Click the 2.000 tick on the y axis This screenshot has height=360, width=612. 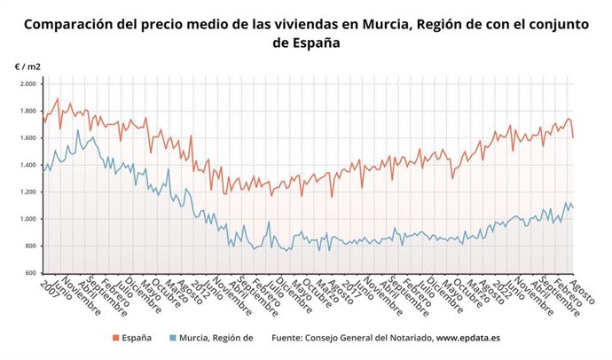tap(27, 84)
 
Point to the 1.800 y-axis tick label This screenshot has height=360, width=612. tap(27, 111)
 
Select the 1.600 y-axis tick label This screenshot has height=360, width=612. tap(27, 138)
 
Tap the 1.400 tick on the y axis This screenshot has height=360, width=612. tap(27, 165)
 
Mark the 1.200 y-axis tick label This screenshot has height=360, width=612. tap(27, 192)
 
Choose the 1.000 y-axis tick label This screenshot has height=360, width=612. tap(27, 219)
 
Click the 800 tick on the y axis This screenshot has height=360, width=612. tap(29, 246)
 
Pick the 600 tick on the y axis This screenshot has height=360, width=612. tap(29, 273)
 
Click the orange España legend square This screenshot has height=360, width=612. tap(115, 338)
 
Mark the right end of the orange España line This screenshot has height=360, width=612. tap(573, 137)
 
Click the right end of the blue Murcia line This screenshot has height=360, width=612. tap(573, 208)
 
